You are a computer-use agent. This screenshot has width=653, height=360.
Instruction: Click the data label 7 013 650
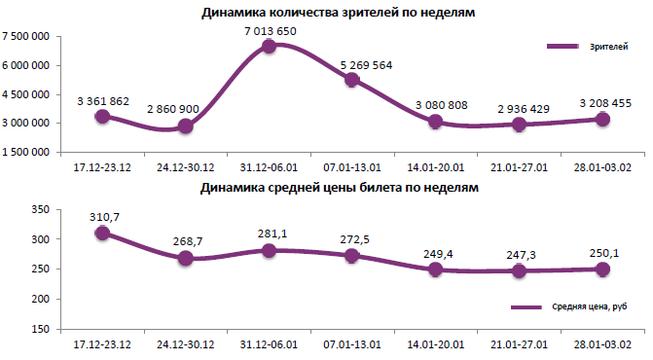(270, 31)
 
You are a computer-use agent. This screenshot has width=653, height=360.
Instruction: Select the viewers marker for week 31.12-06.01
(270, 47)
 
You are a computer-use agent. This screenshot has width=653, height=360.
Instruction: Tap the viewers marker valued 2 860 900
(186, 126)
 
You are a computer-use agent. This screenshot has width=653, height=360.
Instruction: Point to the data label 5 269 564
(352, 66)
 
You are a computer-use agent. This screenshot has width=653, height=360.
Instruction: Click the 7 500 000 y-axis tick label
(28, 37)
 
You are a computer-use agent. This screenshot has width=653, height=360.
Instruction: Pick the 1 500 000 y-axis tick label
(28, 153)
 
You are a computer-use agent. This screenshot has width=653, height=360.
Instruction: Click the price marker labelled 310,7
(102, 234)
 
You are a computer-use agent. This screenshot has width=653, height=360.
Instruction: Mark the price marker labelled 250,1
(602, 270)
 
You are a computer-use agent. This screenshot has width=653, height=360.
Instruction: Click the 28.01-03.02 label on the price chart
(602, 343)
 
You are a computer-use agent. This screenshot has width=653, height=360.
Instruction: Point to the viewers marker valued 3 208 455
(602, 119)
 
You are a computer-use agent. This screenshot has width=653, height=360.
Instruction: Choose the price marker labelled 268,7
(186, 259)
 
